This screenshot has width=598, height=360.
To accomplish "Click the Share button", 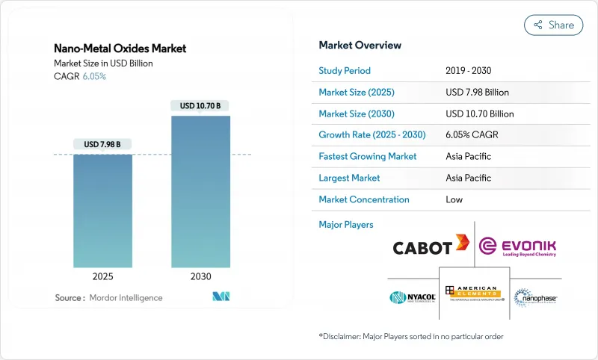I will tap(554, 25).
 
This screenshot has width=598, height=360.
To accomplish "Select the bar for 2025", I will tap(102, 209).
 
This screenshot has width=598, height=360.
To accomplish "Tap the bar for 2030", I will tap(200, 190).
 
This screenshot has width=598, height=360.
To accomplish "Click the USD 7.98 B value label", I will tap(102, 144).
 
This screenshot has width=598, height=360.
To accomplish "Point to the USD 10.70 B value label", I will tap(200, 105).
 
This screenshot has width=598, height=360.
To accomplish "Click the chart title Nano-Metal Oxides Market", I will tap(120, 49).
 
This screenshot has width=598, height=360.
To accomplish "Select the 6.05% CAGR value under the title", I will tap(93, 76).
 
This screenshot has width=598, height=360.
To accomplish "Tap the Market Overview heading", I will tap(360, 46).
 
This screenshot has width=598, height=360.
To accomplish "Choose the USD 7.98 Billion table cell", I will tap(477, 93).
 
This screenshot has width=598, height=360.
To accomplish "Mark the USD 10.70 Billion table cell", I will tap(479, 114).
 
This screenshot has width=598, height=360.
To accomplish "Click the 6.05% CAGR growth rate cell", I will tap(471, 135).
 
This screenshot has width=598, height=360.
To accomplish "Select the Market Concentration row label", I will tap(364, 199).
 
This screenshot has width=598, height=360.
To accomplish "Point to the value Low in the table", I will tap(454, 199).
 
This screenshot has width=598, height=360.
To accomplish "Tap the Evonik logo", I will tap(517, 247).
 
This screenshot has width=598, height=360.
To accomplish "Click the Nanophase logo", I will tap(536, 297).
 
